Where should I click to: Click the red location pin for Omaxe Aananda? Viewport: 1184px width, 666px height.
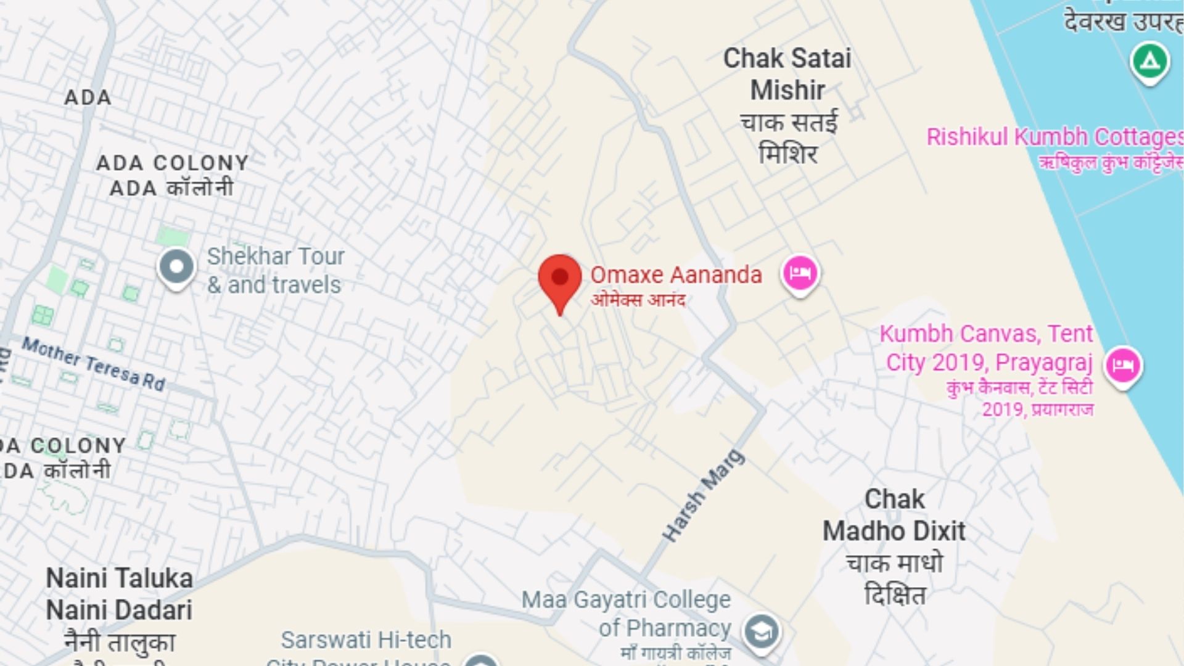[x=559, y=279]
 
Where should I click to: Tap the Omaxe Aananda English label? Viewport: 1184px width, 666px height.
[x=676, y=275]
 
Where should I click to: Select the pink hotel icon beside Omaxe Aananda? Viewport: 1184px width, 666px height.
[x=800, y=274]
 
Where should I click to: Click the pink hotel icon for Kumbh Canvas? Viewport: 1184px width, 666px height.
[x=1123, y=365]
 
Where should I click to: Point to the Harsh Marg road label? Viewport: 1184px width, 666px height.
[x=704, y=496]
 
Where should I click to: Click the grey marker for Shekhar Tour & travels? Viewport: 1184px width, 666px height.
[x=176, y=267]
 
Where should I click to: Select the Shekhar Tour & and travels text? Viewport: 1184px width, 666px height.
[x=275, y=270]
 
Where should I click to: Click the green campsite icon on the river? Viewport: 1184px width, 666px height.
[x=1149, y=62]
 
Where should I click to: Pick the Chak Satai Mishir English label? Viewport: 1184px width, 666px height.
[x=787, y=74]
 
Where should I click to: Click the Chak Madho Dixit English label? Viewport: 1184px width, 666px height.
[x=894, y=516]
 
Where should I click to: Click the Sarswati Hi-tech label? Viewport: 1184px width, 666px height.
[x=366, y=640]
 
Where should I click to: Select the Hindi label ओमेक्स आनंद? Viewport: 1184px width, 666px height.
[x=638, y=300]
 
